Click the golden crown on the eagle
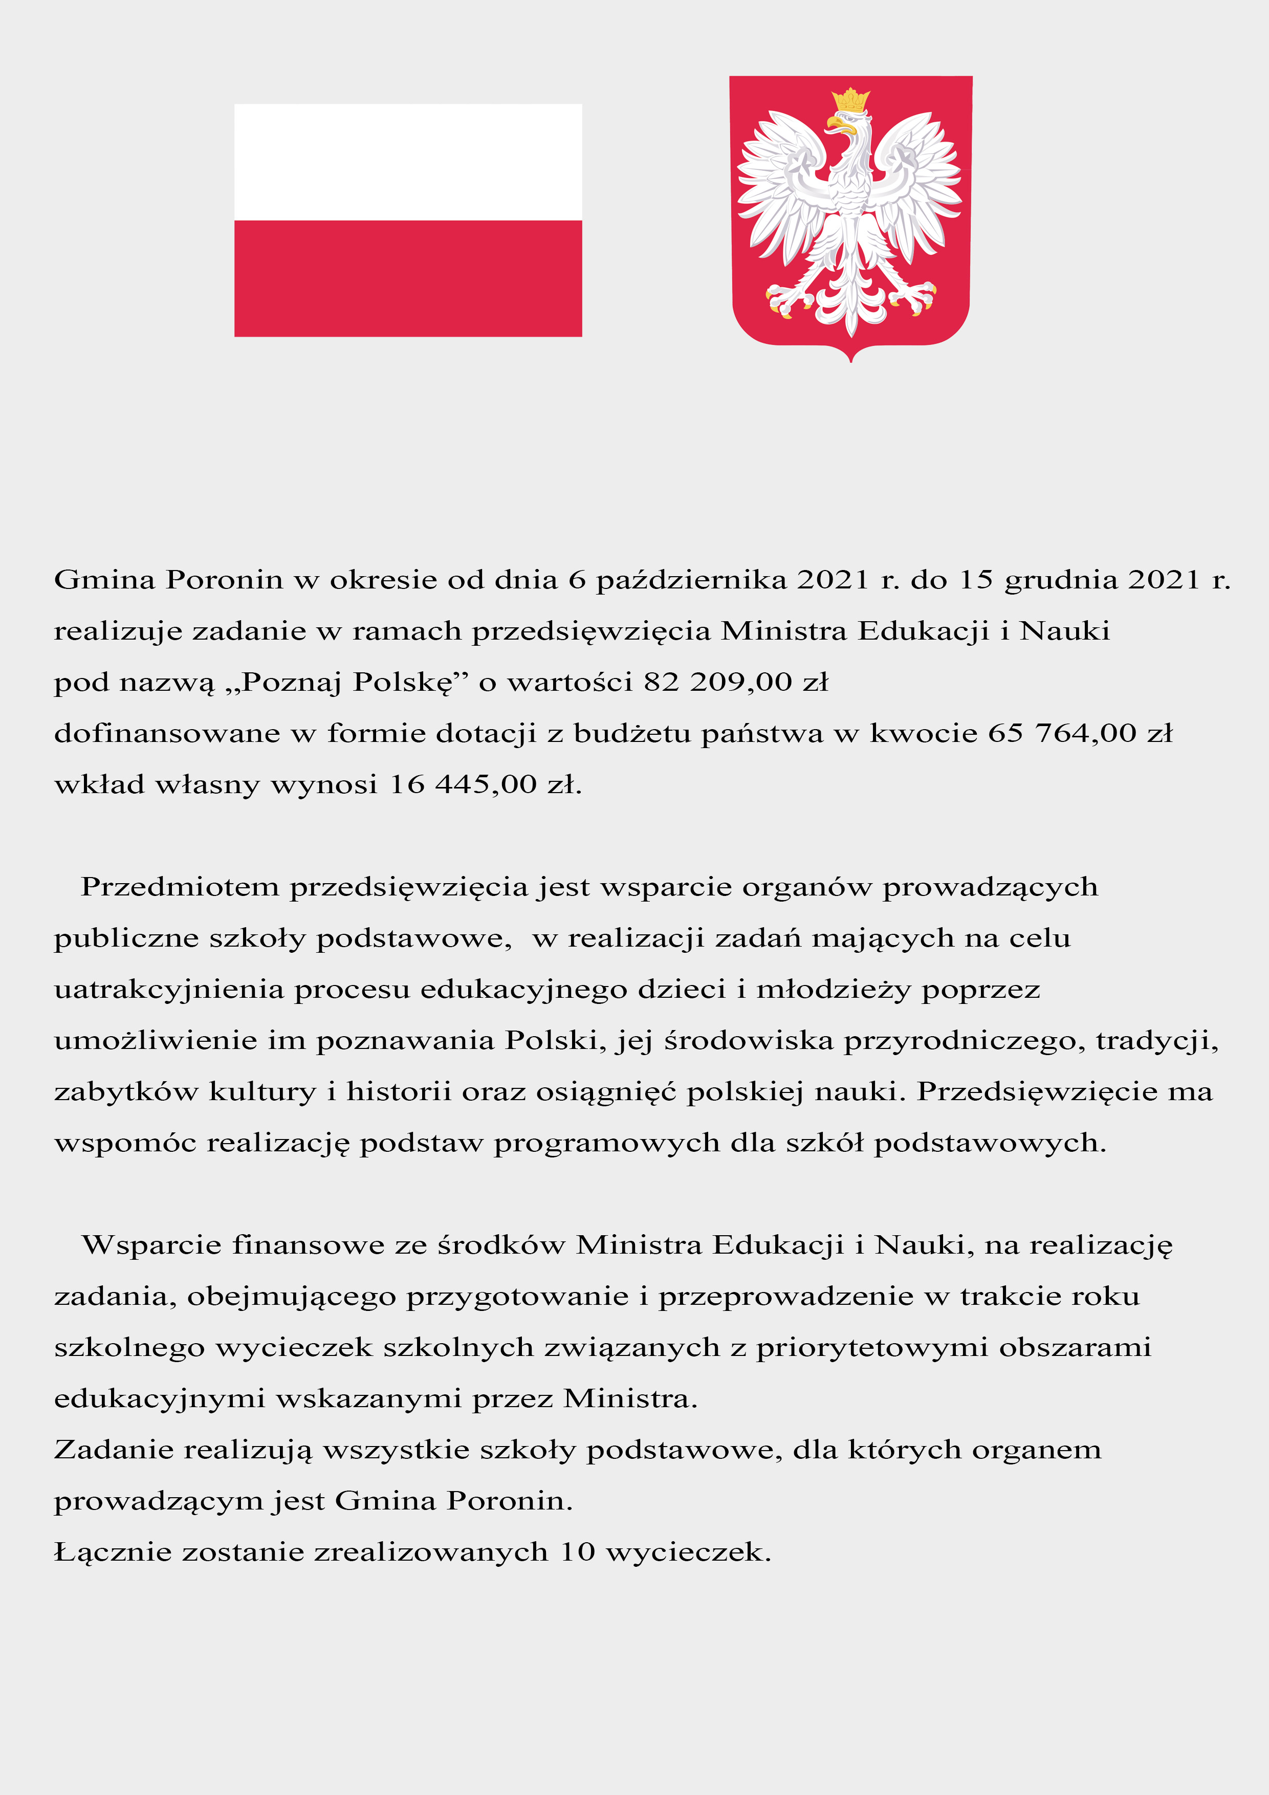tap(851, 101)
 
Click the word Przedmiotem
tap(180, 887)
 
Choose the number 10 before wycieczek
tap(577, 1552)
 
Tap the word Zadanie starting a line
tap(114, 1450)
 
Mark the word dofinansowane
tap(166, 733)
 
